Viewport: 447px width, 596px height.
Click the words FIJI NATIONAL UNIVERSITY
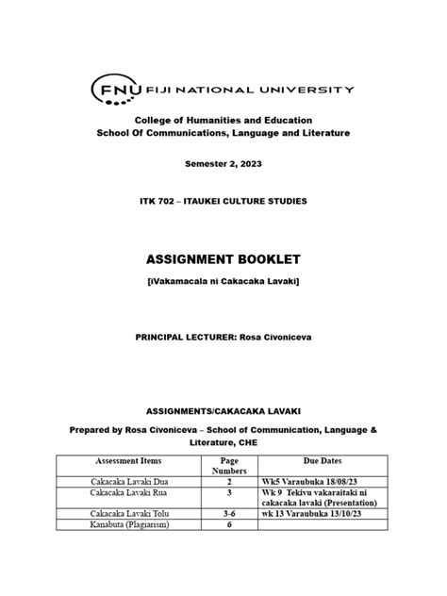pos(250,90)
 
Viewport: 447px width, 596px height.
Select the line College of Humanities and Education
pos(223,121)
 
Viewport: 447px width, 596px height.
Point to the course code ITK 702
pos(157,202)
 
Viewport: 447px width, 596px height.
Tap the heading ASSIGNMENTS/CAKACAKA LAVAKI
pos(223,412)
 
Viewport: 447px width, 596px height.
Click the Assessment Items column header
pos(127,460)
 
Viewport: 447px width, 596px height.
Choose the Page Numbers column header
pos(228,466)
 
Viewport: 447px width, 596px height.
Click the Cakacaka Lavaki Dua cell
pos(127,481)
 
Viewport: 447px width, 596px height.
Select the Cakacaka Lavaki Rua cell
pos(127,492)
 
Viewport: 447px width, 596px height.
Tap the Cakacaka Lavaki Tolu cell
pos(127,514)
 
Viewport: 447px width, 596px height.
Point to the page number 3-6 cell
pos(228,514)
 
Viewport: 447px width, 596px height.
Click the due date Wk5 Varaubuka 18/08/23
pos(316,481)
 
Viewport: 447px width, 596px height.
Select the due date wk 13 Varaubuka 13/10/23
pos(317,514)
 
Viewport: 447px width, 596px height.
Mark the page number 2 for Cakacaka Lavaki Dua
pos(228,481)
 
